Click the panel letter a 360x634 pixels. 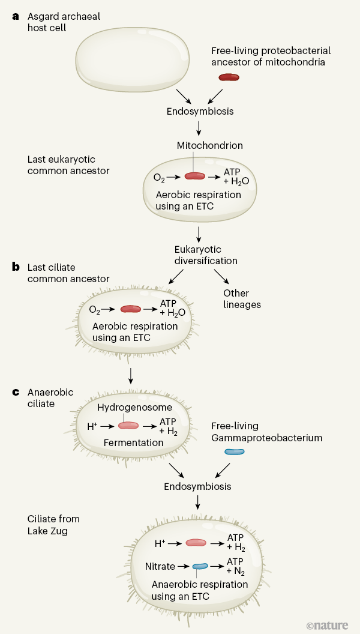coord(16,16)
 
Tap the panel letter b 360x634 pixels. coord(16,267)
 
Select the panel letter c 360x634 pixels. coord(16,393)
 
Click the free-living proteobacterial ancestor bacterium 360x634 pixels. coord(229,77)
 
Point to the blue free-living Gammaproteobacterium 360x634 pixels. coord(235,451)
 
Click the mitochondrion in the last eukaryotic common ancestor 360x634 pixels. coord(194,176)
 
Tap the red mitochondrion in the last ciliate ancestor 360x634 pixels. coord(131,309)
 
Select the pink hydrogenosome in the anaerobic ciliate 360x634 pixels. coord(128,425)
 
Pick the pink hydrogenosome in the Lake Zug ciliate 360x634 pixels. coord(196,543)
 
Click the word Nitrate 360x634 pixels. coord(160,566)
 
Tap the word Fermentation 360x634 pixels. coord(134,442)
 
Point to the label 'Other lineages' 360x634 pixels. coord(242,299)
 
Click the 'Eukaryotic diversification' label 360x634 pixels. coord(198,255)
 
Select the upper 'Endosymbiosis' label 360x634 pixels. coord(200,110)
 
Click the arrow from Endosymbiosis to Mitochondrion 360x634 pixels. coord(199,128)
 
